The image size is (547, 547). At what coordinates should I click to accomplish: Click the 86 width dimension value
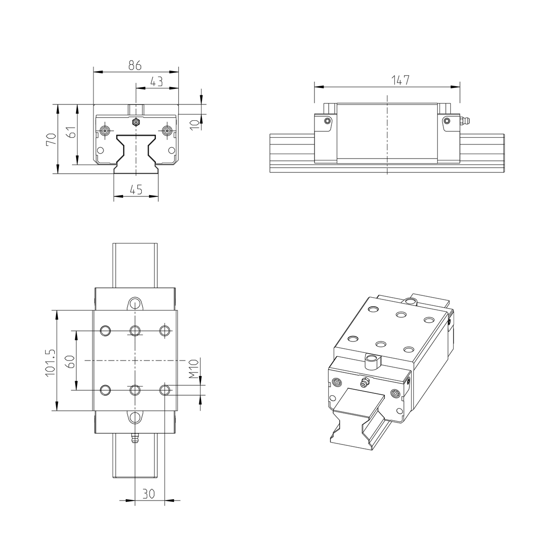click(134, 65)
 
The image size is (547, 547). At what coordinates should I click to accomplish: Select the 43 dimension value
click(156, 82)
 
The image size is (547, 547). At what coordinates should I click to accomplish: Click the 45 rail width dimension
click(136, 190)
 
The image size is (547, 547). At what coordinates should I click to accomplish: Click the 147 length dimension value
click(401, 80)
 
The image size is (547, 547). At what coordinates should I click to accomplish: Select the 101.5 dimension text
click(50, 362)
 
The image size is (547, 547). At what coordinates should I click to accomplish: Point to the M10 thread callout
click(194, 369)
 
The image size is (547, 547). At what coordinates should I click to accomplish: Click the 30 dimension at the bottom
click(149, 493)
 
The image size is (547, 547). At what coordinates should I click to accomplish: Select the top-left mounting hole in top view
click(105, 330)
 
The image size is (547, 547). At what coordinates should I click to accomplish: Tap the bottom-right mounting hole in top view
click(165, 390)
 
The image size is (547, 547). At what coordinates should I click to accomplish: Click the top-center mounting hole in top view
click(135, 330)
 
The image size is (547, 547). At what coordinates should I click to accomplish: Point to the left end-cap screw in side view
click(327, 121)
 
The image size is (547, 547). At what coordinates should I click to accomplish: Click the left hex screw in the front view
click(105, 131)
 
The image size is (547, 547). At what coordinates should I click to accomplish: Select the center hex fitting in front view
click(135, 122)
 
